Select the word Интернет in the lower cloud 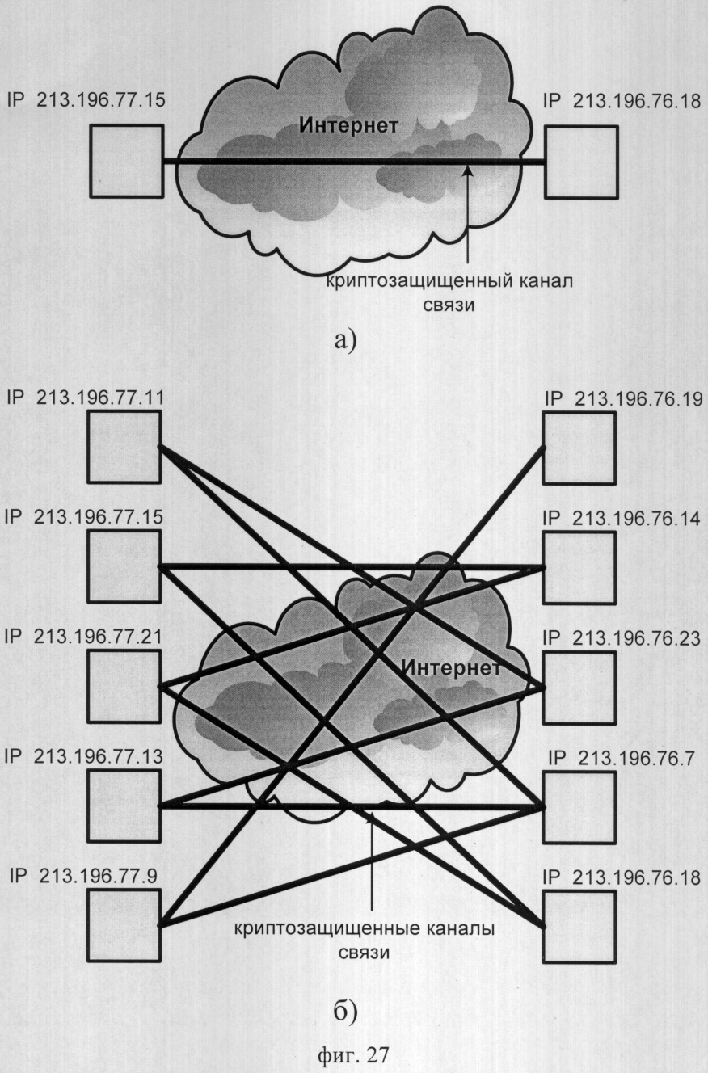(451, 668)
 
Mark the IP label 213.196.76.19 (623, 399)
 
